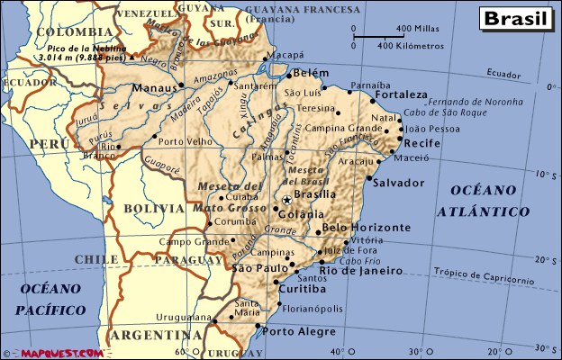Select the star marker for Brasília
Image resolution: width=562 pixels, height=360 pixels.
click(x=286, y=200)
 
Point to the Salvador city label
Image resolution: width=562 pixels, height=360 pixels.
click(x=403, y=183)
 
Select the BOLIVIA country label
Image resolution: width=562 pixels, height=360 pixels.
click(x=153, y=208)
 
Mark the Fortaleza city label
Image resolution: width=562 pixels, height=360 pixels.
click(x=402, y=94)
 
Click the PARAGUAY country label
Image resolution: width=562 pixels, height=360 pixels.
click(x=187, y=260)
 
